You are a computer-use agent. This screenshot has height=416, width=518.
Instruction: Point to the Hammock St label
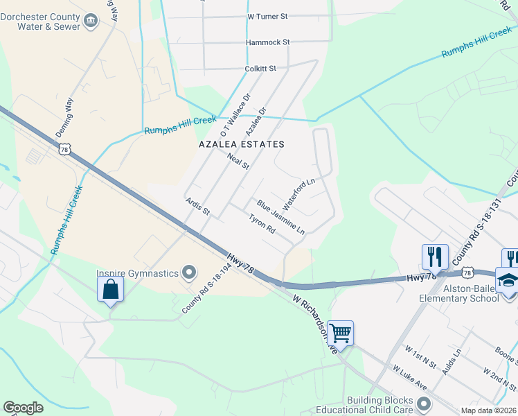tap(267, 42)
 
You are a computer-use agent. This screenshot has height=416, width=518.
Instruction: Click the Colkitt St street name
tap(260, 69)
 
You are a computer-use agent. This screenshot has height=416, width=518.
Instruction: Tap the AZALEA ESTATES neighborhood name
tap(242, 144)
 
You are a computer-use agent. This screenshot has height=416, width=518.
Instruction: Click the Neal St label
tap(238, 162)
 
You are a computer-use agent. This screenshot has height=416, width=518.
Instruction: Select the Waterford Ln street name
tap(299, 190)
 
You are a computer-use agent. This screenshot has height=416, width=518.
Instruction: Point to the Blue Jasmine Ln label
tap(280, 216)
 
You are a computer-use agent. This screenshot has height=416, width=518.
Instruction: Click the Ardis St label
tap(197, 205)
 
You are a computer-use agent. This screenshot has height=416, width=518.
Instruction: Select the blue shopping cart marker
tap(340, 333)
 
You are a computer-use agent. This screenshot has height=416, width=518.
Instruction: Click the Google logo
tap(23, 408)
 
